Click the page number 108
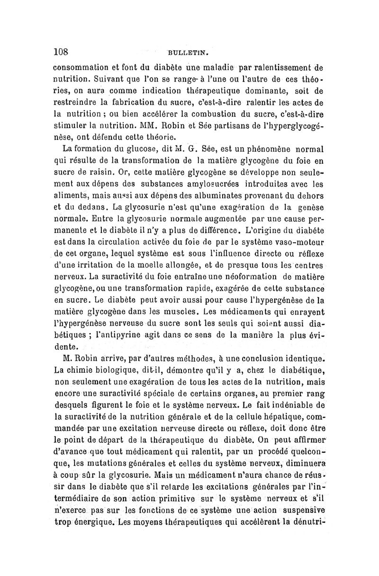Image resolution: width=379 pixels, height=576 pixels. click(61, 51)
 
